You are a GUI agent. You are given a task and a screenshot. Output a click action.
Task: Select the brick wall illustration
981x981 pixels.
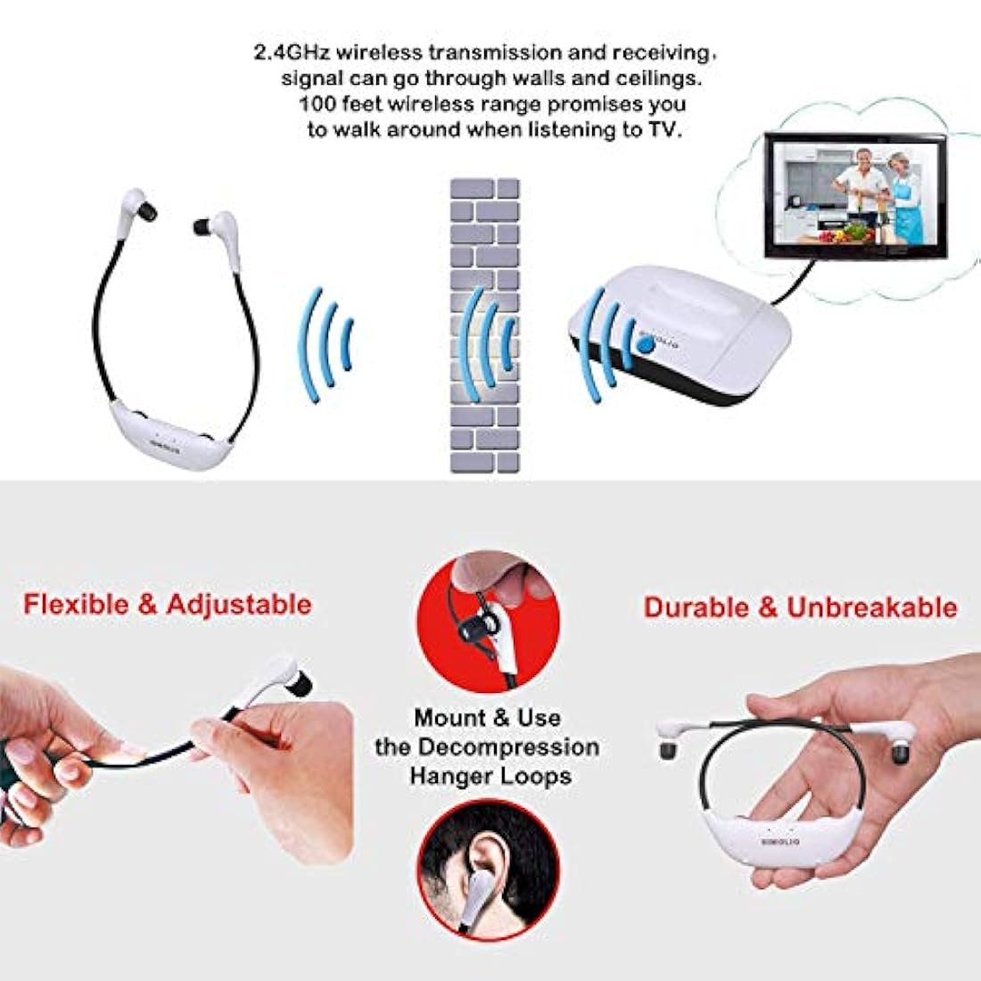tap(484, 326)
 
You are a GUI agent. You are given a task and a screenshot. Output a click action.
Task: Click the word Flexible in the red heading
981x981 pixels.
tap(77, 604)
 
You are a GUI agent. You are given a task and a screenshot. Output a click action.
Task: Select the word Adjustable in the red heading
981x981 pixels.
tap(239, 604)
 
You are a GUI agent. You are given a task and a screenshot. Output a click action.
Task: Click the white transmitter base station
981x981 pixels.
tap(678, 339)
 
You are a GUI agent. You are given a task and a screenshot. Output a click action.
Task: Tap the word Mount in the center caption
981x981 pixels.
tap(449, 718)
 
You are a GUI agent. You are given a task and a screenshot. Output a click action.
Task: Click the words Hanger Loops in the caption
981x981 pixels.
tap(490, 776)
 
